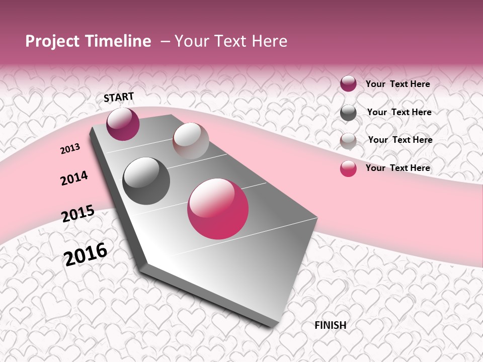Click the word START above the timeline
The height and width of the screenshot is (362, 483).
pyautogui.click(x=119, y=97)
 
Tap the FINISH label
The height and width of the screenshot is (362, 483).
pyautogui.click(x=330, y=325)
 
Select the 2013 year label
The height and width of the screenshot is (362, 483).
pyautogui.click(x=70, y=149)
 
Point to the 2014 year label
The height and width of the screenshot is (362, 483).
pyautogui.click(x=74, y=178)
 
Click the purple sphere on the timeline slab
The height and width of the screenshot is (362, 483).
pyautogui.click(x=123, y=124)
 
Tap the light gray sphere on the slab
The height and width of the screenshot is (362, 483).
pyautogui.click(x=191, y=141)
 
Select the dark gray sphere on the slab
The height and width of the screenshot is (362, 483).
pyautogui.click(x=146, y=180)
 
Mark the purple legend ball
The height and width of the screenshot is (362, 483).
pyautogui.click(x=348, y=84)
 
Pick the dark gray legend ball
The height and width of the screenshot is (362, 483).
pyautogui.click(x=348, y=113)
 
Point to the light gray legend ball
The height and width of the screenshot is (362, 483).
pyautogui.click(x=348, y=141)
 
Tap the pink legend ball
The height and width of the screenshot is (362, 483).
pyautogui.click(x=348, y=168)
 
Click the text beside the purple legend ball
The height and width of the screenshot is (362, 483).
pyautogui.click(x=397, y=84)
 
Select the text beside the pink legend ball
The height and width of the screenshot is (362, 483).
pyautogui.click(x=397, y=168)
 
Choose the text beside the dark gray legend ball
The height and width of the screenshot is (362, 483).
pyautogui.click(x=399, y=112)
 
